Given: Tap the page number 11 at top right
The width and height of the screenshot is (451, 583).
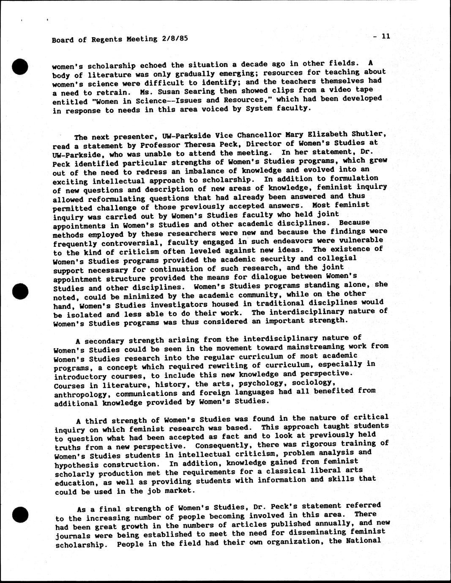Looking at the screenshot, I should (x=385, y=36).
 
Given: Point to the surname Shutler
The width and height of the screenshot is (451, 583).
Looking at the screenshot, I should (x=369, y=134).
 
